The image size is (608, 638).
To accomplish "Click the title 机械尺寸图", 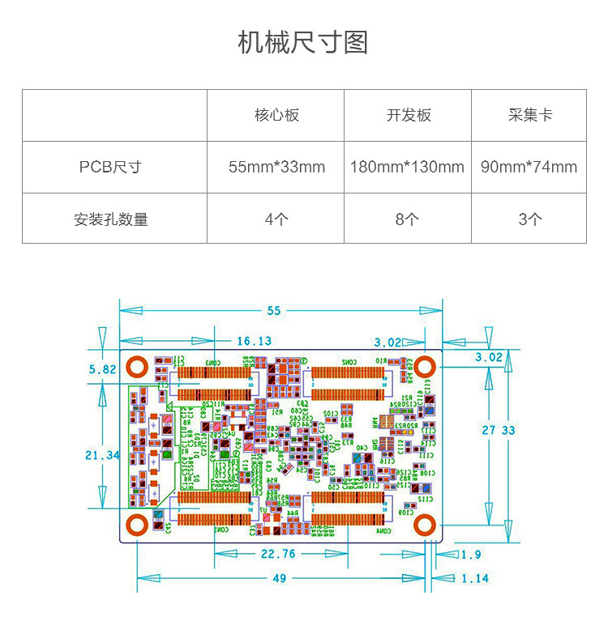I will point(303,42).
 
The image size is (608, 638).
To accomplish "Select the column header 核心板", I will point(276,115).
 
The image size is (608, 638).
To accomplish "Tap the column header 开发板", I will point(408,115).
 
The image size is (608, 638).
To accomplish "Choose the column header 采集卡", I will point(529,115).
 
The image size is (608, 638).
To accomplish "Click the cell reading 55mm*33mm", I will point(276,167).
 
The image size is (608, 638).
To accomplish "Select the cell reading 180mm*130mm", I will point(408,167).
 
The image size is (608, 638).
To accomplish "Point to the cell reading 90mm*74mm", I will point(529,167).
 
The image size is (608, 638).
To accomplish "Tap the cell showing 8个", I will point(408,219).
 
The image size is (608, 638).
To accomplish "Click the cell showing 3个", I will point(529,219).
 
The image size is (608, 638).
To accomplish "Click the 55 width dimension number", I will point(273,310).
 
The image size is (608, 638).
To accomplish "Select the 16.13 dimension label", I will point(254,341).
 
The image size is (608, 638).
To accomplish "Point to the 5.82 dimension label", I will point(102,369).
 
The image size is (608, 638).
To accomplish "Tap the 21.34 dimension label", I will point(102,455).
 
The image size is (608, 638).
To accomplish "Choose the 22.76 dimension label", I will point(277,555).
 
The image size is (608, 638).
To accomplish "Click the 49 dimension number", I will point(279,578).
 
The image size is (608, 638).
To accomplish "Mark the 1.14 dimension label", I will point(475,578).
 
